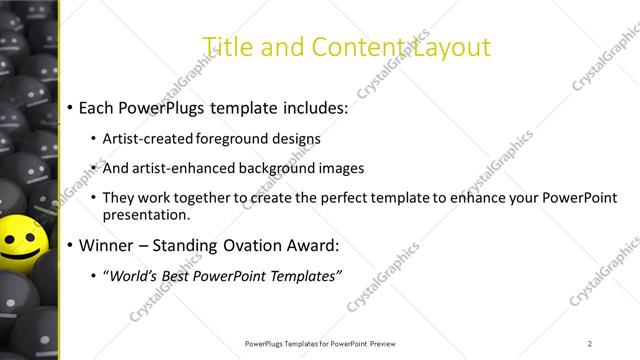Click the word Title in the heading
225,47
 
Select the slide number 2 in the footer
590,343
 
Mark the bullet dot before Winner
69,246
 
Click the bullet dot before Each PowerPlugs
69,107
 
